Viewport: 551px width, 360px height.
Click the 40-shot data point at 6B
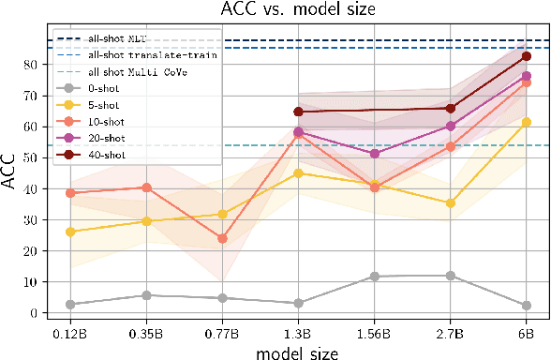tap(527, 56)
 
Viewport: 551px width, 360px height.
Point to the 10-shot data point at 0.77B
tap(222, 238)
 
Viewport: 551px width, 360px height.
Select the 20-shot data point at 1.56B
tap(375, 154)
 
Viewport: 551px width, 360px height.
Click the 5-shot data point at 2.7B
tap(451, 203)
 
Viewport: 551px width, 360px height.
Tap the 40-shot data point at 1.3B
tap(299, 112)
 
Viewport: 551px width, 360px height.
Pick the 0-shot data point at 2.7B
tap(451, 276)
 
